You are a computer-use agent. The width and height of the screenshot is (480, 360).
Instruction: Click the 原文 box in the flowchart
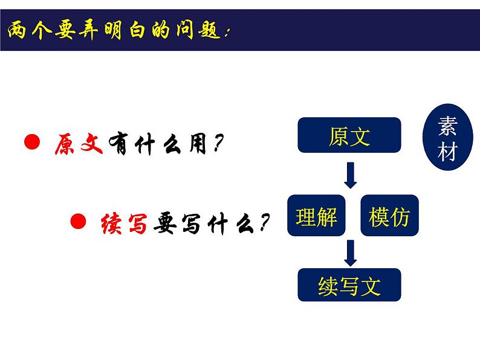point(349,135)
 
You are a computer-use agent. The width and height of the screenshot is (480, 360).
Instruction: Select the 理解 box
point(316,215)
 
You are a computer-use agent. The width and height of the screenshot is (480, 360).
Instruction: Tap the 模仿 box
point(389,215)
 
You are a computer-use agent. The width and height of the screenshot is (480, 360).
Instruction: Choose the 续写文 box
point(349,284)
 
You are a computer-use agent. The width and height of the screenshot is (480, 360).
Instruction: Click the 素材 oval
point(447,137)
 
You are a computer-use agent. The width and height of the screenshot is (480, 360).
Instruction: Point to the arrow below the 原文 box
point(351,175)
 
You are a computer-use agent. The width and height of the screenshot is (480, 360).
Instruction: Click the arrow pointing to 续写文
point(351,253)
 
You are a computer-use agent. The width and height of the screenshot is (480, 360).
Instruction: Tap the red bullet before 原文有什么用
point(32,141)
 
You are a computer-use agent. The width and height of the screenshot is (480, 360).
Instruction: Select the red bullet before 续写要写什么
point(78,221)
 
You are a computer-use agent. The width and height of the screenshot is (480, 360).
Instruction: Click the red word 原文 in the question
point(79,143)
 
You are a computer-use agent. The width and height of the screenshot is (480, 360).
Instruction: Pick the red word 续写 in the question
point(125,223)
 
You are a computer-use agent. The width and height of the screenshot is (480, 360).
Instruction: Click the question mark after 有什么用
point(218,143)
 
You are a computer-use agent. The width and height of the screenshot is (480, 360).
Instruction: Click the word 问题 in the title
point(198,30)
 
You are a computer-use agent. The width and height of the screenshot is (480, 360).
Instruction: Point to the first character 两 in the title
point(17,30)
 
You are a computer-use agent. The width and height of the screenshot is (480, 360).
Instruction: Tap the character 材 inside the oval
point(447,151)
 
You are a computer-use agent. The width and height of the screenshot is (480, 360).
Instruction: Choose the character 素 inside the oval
point(447,126)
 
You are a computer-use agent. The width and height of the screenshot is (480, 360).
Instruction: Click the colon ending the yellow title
point(227,33)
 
